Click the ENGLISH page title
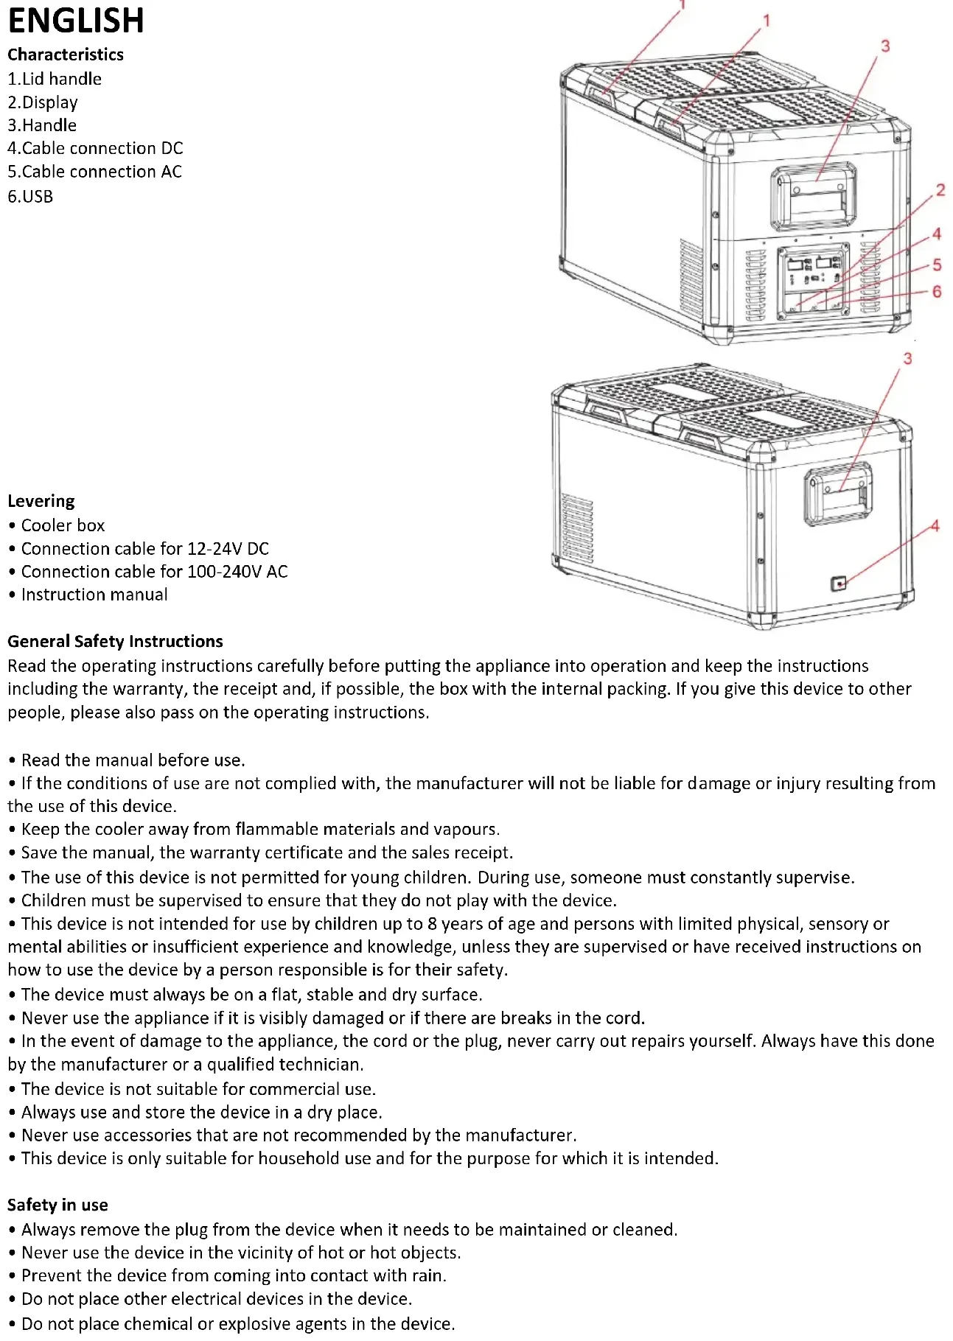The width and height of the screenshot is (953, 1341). (x=76, y=21)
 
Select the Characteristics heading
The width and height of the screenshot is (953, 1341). (x=66, y=55)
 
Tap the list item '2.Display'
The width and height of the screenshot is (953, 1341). (x=43, y=102)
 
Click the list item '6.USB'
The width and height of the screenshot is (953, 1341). (x=30, y=197)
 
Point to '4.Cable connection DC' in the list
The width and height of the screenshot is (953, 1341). (x=95, y=148)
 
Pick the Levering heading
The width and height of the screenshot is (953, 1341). (x=41, y=501)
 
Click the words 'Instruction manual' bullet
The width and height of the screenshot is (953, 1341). (x=94, y=595)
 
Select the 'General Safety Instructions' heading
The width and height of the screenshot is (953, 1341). (x=115, y=641)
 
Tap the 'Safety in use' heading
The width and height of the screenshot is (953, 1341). (x=57, y=1205)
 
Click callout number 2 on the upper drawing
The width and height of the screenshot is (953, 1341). (x=940, y=190)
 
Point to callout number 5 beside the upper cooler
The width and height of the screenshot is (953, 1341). (x=937, y=265)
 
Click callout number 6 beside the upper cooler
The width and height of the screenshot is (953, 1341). (x=937, y=292)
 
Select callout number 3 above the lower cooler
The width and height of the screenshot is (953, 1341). (x=907, y=359)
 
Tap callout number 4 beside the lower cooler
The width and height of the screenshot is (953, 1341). (x=935, y=526)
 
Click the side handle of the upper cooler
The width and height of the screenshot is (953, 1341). (x=814, y=197)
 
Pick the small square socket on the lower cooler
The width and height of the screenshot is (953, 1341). (x=839, y=584)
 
